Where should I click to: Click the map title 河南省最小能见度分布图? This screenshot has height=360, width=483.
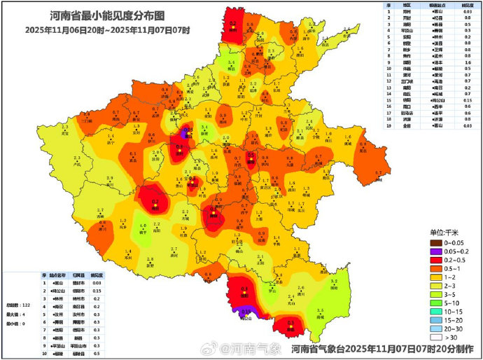(x=107, y=15)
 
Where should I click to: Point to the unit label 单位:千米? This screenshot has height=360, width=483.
(x=444, y=232)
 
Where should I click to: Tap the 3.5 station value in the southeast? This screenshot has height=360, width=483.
(x=321, y=310)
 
